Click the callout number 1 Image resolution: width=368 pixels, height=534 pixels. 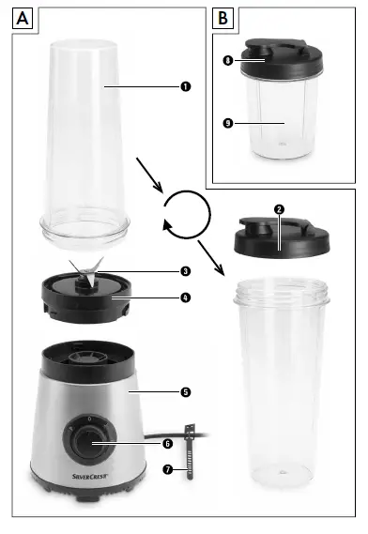click(x=186, y=85)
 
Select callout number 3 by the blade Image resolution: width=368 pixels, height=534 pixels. click(x=186, y=271)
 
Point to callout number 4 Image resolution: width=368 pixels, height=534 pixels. click(x=186, y=298)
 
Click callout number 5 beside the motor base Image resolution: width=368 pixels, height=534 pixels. click(x=186, y=390)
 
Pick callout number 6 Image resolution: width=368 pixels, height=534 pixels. click(x=168, y=443)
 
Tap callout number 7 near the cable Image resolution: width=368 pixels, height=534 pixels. click(x=168, y=467)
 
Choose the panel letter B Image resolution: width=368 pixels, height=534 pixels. click(x=222, y=18)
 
